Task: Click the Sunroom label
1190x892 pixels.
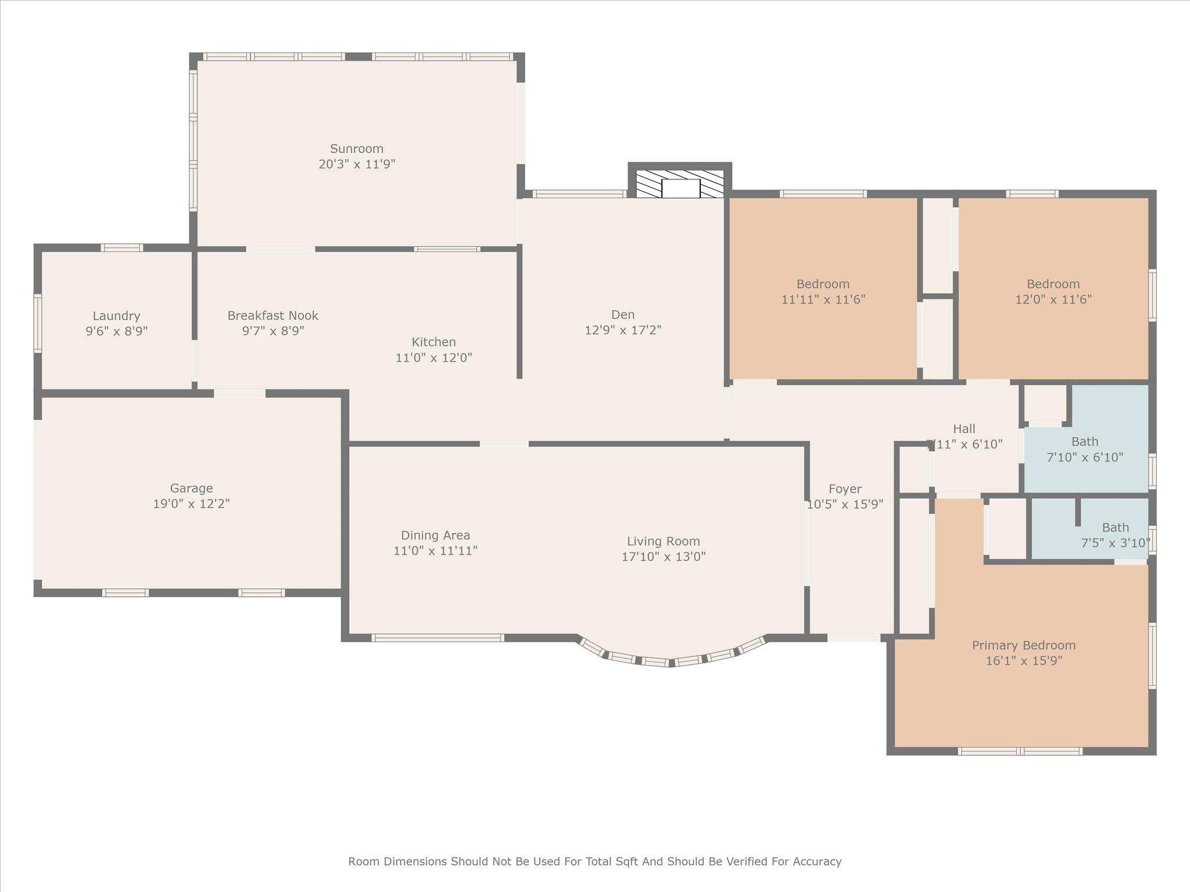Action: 356,149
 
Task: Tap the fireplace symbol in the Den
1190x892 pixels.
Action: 680,185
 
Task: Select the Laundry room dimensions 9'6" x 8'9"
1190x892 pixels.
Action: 116,331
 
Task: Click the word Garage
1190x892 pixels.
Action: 191,488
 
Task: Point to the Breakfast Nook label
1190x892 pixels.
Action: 273,315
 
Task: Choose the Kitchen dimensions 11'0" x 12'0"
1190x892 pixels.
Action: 433,358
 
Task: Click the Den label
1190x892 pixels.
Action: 622,315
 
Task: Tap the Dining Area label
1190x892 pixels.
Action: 435,535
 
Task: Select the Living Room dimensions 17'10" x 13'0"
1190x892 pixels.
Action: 663,556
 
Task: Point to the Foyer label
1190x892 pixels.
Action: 845,489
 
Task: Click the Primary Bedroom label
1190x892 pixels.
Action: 1023,645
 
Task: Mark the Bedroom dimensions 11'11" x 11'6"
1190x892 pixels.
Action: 823,300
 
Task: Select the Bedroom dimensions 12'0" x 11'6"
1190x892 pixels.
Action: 1053,300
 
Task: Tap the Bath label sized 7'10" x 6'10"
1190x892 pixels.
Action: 1084,441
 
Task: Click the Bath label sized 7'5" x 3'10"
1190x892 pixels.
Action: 1115,528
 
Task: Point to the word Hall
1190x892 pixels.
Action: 964,429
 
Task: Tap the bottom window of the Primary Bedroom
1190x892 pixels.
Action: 1020,751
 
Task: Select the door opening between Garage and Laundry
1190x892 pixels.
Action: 239,394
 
